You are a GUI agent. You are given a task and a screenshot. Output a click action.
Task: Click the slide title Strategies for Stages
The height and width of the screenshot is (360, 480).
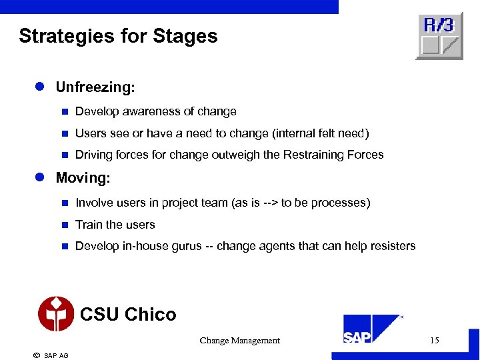coord(118,36)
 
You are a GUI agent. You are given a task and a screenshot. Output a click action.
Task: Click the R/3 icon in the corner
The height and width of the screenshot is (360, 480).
coord(439,35)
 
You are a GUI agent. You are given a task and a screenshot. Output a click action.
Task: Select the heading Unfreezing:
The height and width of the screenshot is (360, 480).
coord(95,87)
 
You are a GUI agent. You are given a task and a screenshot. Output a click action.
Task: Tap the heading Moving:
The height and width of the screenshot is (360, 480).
coord(83,178)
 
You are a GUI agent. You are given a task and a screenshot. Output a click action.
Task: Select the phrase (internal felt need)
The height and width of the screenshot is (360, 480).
coord(321,133)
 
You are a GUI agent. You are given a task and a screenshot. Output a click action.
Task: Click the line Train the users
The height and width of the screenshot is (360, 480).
coord(115,225)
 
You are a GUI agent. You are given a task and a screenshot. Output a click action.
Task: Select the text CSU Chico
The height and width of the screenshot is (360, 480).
coord(128,315)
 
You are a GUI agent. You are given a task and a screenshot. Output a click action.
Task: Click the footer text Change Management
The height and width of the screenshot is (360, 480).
coord(239,341)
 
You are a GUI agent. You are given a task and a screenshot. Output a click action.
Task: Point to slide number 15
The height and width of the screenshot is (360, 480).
coord(434,341)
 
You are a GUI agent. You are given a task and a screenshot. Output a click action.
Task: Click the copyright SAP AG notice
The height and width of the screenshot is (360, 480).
coord(51,355)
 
